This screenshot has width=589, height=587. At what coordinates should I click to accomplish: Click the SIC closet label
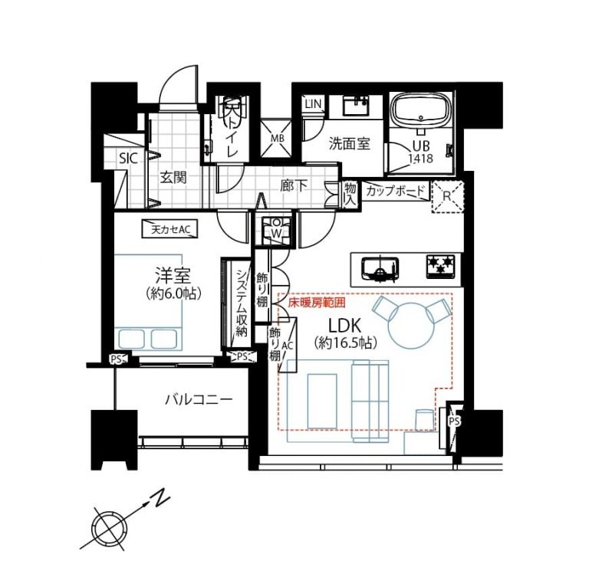click(129, 159)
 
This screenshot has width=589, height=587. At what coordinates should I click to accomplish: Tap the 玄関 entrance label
click(173, 178)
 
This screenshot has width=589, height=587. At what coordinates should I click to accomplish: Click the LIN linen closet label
click(313, 103)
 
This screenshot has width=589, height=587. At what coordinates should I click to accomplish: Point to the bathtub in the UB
click(421, 112)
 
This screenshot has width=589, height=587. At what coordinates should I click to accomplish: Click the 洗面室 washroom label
click(350, 144)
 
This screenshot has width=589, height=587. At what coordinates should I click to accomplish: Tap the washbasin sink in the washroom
click(355, 105)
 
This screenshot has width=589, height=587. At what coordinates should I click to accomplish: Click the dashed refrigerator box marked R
click(448, 197)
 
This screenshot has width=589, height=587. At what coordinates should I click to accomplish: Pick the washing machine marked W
click(276, 230)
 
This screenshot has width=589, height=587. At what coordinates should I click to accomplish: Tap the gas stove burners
click(440, 267)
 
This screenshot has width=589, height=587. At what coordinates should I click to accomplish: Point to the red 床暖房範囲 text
click(316, 303)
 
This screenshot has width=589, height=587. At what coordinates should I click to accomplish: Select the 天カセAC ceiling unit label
click(170, 229)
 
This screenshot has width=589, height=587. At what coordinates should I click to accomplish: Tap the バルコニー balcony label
click(199, 400)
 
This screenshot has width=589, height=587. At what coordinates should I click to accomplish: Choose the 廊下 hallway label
click(294, 185)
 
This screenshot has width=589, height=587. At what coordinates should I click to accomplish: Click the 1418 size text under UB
click(421, 159)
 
